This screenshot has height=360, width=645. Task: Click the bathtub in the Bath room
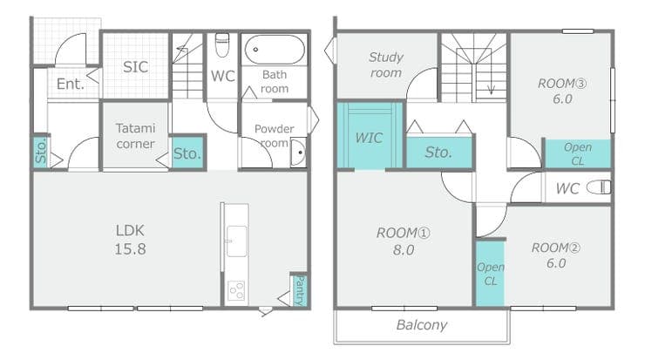click(275, 50)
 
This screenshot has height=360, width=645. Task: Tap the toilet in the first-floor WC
click(222, 45)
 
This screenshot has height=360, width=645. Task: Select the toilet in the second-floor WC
click(599, 187)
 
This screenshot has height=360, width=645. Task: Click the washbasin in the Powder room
click(298, 153)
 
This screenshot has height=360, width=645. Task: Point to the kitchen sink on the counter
click(236, 241)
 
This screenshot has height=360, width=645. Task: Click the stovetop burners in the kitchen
click(236, 290)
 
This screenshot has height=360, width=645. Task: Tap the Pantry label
click(300, 290)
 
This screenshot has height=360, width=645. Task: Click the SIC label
click(135, 67)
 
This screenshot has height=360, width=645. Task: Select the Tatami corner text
click(135, 136)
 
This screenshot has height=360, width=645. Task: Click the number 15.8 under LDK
click(130, 249)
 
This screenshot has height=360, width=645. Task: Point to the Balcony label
click(422, 325)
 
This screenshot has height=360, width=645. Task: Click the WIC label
click(369, 138)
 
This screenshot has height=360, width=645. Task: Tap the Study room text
click(386, 65)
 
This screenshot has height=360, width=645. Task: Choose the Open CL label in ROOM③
click(578, 154)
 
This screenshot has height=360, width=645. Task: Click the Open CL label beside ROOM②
click(491, 274)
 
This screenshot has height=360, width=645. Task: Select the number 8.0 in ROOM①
click(403, 250)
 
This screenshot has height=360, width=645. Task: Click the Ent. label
click(71, 84)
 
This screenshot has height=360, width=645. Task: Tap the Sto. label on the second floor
click(438, 153)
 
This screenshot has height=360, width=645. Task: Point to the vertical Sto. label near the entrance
click(41, 152)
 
